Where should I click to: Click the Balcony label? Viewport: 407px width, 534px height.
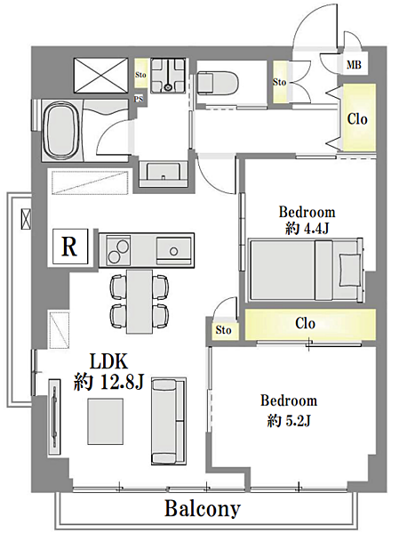click(x=203, y=509)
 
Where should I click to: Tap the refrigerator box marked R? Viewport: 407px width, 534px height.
click(x=70, y=247)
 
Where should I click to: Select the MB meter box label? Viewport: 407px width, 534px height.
click(x=354, y=64)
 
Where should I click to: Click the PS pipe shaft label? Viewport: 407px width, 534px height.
click(x=139, y=99)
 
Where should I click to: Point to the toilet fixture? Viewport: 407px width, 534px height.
click(x=218, y=82)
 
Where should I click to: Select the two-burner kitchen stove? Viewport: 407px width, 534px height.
click(x=118, y=250)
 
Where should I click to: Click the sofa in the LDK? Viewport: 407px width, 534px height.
click(x=169, y=421)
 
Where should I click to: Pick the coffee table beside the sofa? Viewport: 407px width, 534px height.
click(x=106, y=421)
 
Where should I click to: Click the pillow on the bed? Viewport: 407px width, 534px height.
click(x=350, y=271)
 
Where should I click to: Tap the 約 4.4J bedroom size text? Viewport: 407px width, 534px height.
click(x=307, y=229)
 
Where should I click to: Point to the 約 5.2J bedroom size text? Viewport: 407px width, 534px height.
click(x=289, y=421)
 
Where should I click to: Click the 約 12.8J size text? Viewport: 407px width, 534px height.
click(x=109, y=383)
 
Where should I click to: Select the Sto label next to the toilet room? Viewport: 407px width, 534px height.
click(x=280, y=82)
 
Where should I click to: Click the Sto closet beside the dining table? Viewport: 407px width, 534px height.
click(x=223, y=329)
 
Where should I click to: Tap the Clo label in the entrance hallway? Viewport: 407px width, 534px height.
click(x=357, y=119)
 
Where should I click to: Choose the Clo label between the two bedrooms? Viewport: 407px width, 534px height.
click(x=306, y=323)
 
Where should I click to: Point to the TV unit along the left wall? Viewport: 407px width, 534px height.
click(x=54, y=417)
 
